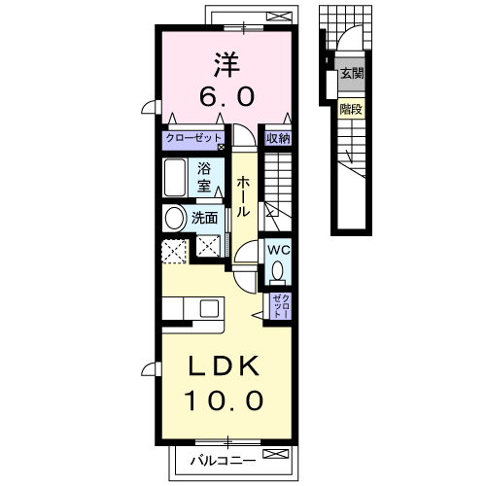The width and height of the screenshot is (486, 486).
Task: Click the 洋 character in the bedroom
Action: (x=227, y=64)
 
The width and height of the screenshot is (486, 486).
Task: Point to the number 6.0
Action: (x=227, y=96)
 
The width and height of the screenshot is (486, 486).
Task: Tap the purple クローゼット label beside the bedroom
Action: (x=193, y=138)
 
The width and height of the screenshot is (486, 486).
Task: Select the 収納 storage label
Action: (x=278, y=138)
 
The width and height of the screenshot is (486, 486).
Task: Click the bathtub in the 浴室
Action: (x=175, y=178)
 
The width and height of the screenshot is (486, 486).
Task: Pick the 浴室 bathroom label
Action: (x=205, y=176)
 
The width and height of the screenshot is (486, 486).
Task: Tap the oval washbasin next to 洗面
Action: (x=174, y=219)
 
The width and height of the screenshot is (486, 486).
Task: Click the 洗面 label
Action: (x=204, y=219)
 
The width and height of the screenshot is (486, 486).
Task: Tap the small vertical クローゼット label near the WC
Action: (x=279, y=306)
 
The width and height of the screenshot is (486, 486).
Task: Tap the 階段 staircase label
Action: (x=351, y=109)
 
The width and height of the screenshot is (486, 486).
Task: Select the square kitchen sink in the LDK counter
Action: (x=210, y=308)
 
